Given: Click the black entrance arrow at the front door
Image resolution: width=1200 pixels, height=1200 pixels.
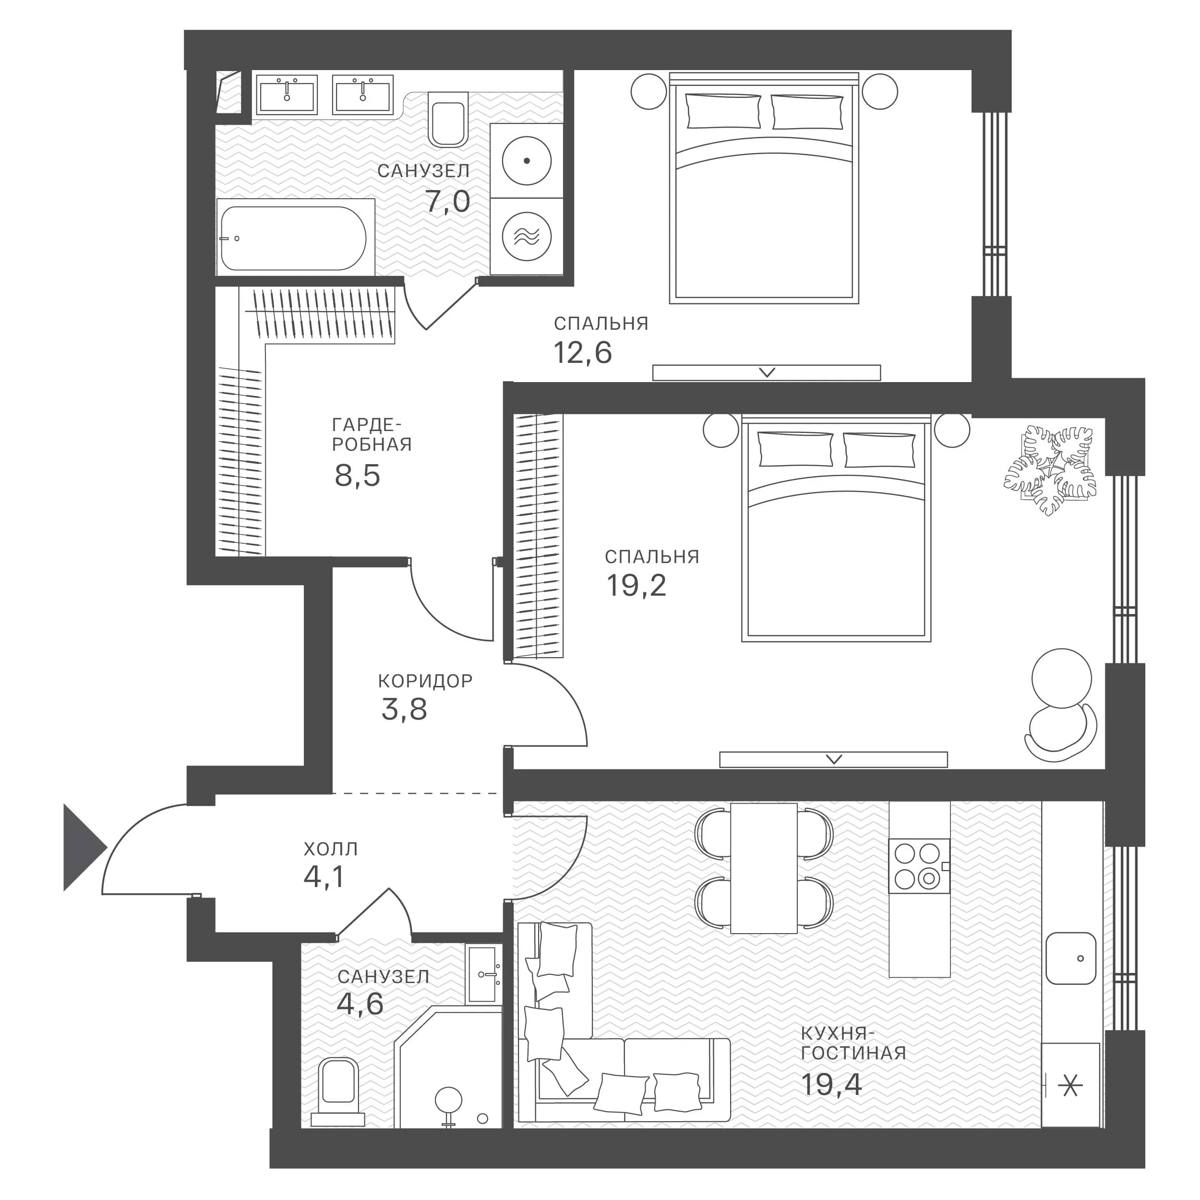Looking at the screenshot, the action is [x=83, y=847].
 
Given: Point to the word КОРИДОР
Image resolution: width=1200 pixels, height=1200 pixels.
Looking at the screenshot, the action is [x=425, y=682].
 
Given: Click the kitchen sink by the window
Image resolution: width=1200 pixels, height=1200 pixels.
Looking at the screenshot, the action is [x=1070, y=958].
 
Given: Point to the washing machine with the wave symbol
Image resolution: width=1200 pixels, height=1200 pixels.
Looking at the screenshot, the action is [x=527, y=236].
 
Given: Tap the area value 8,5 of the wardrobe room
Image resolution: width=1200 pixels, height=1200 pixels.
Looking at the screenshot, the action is [x=357, y=476].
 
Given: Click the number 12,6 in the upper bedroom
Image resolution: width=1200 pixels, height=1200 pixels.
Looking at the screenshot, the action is [x=583, y=353].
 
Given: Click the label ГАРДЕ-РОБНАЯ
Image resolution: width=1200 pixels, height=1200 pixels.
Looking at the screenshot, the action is [x=372, y=434].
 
